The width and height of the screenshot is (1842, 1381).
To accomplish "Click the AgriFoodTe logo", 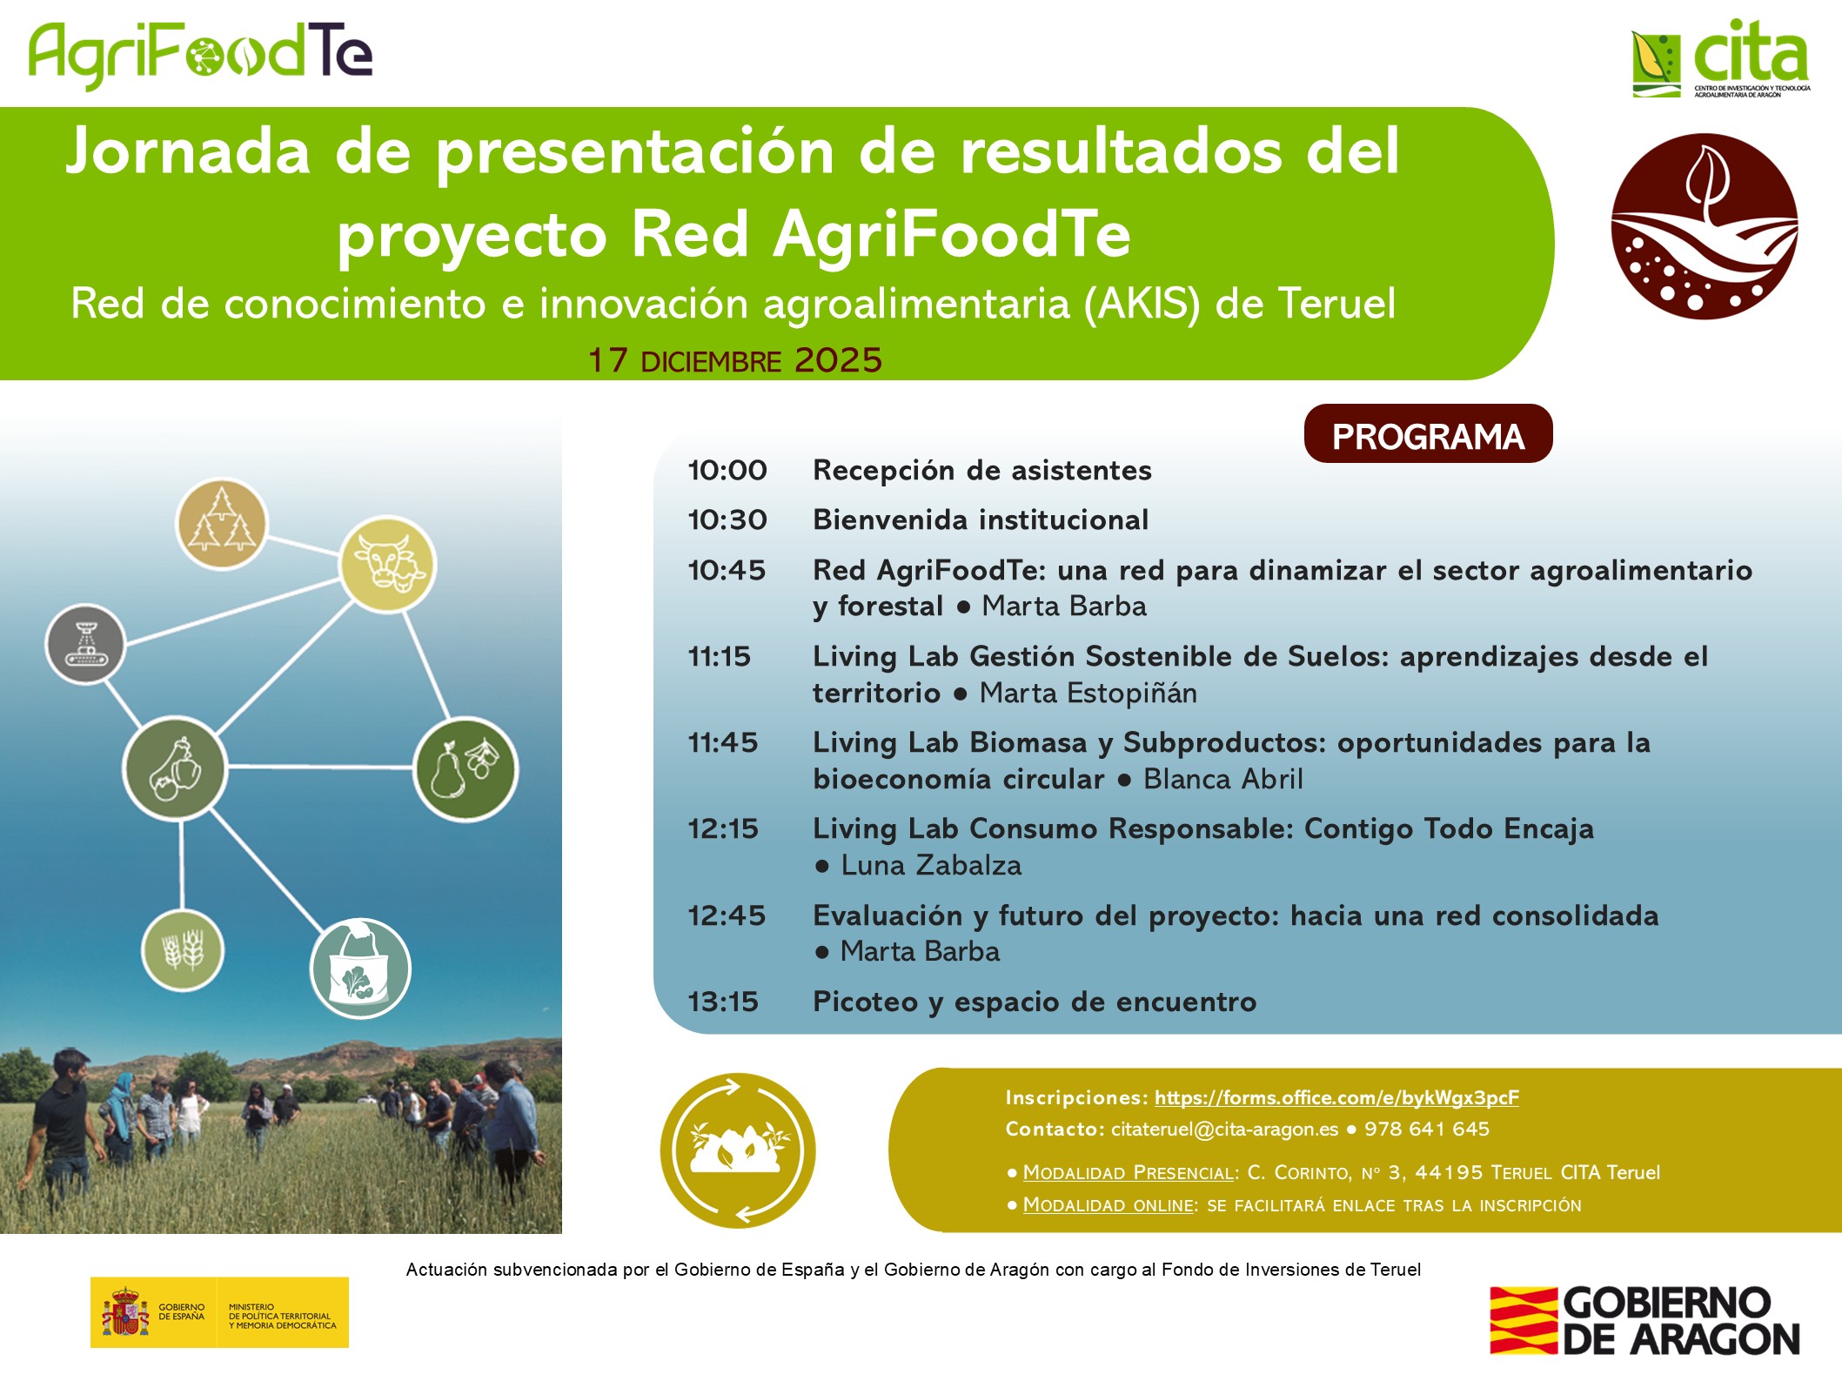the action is click(x=200, y=54).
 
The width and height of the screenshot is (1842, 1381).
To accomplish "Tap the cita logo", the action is click(x=1720, y=57).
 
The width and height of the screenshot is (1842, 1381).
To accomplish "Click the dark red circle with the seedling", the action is click(x=1704, y=226).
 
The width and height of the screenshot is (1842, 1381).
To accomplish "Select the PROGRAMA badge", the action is click(x=1428, y=433).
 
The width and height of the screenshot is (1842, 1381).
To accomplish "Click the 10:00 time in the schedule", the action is click(x=727, y=471).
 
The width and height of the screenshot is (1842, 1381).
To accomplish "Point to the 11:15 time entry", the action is click(x=720, y=656).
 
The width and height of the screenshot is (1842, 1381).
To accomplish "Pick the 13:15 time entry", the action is click(x=723, y=1002).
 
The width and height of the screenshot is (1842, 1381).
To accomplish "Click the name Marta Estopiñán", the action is click(x=1088, y=693).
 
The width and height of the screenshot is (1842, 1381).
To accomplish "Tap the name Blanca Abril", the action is click(x=1222, y=779).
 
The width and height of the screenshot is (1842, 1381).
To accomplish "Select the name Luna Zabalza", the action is click(x=931, y=865).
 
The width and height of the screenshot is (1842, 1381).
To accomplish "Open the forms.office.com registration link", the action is click(x=1336, y=1098).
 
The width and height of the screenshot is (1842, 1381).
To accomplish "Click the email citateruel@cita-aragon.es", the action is click(x=1224, y=1130).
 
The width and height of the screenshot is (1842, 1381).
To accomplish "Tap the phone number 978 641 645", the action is click(x=1426, y=1129).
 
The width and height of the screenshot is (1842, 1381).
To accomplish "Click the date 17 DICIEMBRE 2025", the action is click(x=735, y=360).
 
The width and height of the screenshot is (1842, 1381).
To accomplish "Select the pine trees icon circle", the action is click(x=222, y=524).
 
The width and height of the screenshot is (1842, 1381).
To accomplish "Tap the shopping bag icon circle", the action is click(x=360, y=969).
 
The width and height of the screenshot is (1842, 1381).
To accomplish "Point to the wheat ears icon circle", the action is click(x=183, y=950).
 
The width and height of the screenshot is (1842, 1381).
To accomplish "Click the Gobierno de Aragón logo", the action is click(x=1644, y=1320).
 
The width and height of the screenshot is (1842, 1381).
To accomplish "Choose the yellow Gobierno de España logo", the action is click(x=219, y=1312).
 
